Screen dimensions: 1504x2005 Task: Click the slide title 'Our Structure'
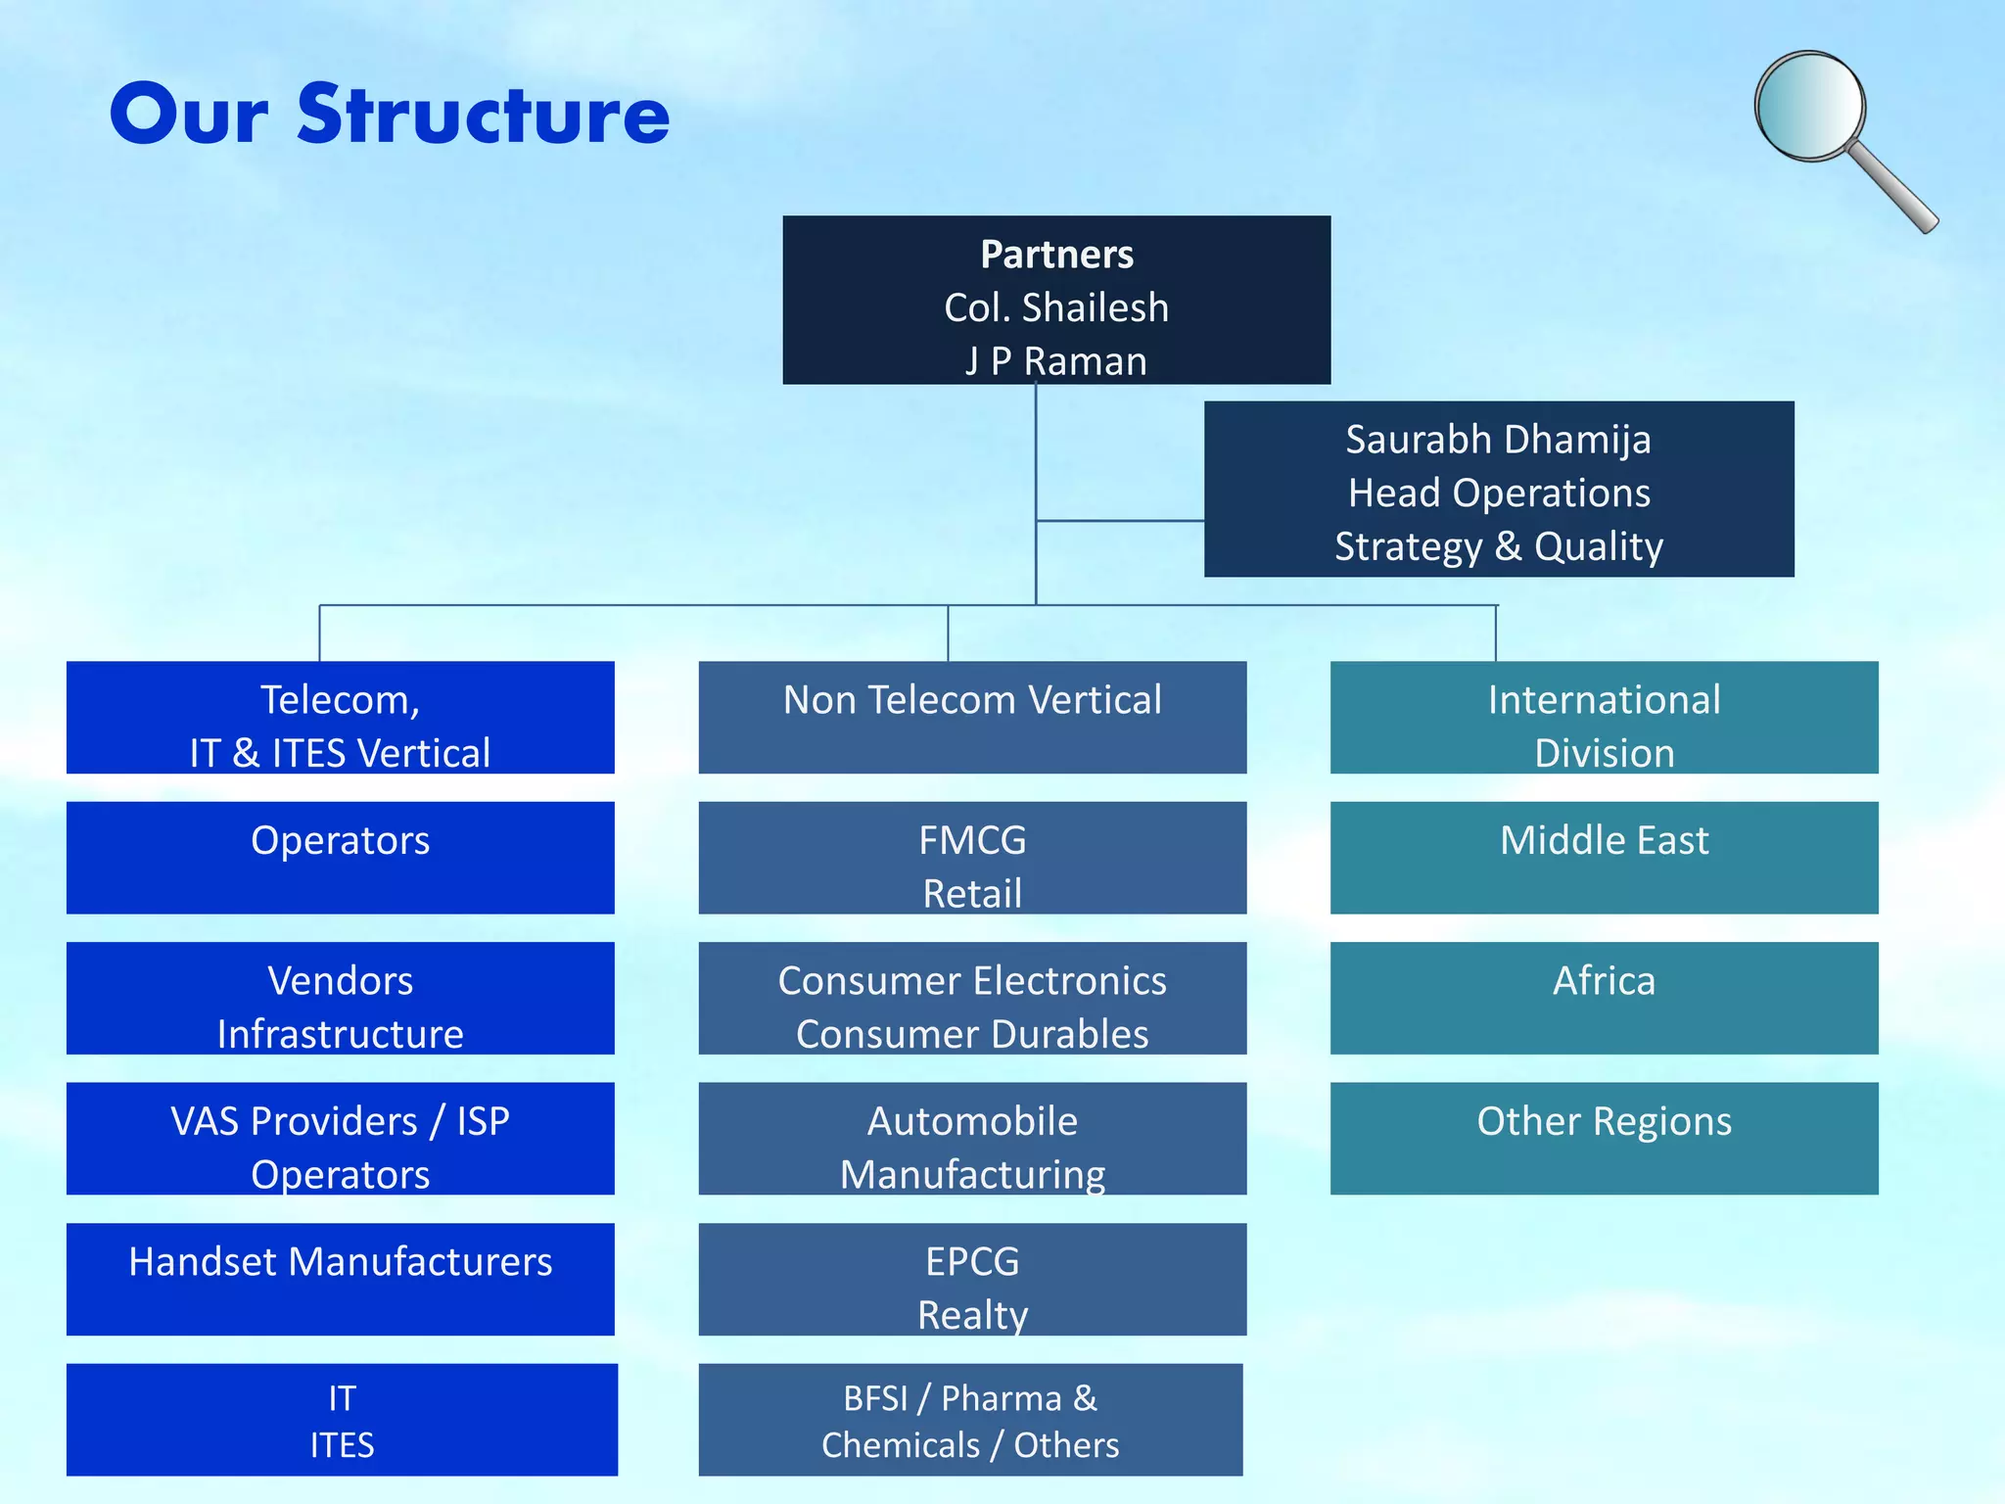(x=390, y=115)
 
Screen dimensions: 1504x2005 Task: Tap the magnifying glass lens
(x=1809, y=106)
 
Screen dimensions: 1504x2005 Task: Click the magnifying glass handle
(x=1894, y=189)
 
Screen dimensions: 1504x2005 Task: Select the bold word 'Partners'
(x=1056, y=255)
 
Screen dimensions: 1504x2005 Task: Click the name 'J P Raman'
(x=1055, y=361)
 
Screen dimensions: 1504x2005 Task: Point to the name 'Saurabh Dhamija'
(x=1498, y=440)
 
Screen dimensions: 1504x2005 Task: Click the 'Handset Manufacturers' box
(x=340, y=1278)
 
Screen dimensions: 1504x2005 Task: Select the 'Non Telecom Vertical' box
(x=972, y=717)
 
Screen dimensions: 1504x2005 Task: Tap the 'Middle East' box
(x=1604, y=857)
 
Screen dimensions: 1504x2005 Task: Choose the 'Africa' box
(x=1604, y=997)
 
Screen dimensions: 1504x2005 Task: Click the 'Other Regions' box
(x=1604, y=1138)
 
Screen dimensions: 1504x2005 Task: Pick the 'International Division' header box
(x=1604, y=717)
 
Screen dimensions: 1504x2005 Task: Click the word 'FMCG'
(x=972, y=840)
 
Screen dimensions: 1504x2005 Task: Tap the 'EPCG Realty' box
(x=972, y=1278)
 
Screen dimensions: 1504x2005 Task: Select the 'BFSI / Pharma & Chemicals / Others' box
(x=970, y=1419)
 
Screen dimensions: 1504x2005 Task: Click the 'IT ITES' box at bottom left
(x=342, y=1419)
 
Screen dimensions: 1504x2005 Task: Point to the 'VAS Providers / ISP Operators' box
(x=340, y=1138)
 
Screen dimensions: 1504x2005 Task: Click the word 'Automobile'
(x=972, y=1121)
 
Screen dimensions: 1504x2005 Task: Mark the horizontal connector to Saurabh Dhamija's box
(x=1120, y=521)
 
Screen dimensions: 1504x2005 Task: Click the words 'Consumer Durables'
(x=972, y=1034)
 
